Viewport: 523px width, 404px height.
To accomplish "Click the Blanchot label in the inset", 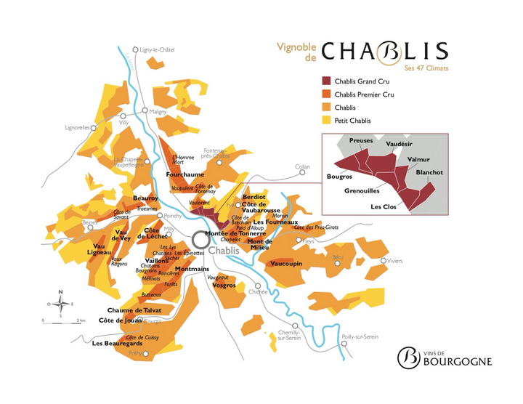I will (429, 172).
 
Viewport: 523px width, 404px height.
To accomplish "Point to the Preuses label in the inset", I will (361, 140).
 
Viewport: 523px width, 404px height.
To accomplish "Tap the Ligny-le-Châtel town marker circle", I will (135, 50).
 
